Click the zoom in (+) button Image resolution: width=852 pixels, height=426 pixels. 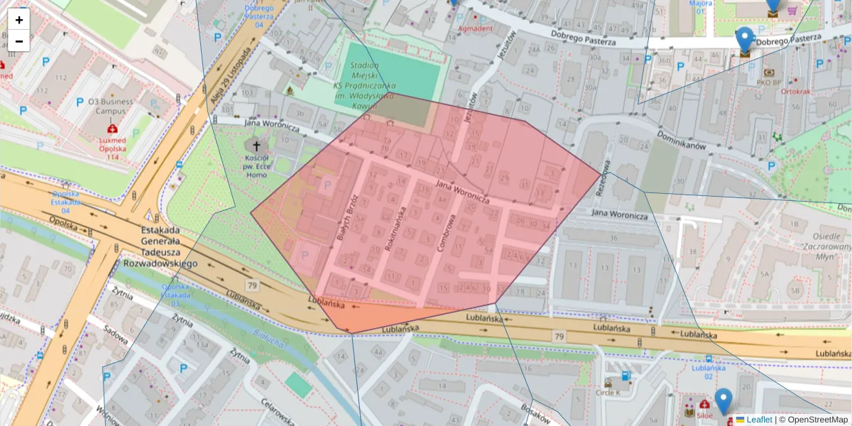pyautogui.click(x=19, y=20)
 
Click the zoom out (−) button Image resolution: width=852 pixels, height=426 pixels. pyautogui.click(x=19, y=40)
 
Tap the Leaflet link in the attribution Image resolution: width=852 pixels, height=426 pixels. pyautogui.click(x=758, y=420)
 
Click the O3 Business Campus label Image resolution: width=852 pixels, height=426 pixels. pyautogui.click(x=110, y=106)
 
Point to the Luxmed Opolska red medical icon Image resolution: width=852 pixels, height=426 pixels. pyautogui.click(x=111, y=129)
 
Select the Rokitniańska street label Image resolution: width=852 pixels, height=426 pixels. pyautogui.click(x=395, y=229)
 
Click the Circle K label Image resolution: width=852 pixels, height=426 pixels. pyautogui.click(x=608, y=392)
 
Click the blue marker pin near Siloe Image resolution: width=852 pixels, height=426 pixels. pyautogui.click(x=723, y=400)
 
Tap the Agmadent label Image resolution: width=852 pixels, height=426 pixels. pyautogui.click(x=475, y=28)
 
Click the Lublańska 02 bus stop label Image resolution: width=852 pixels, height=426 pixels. pyautogui.click(x=708, y=372)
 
